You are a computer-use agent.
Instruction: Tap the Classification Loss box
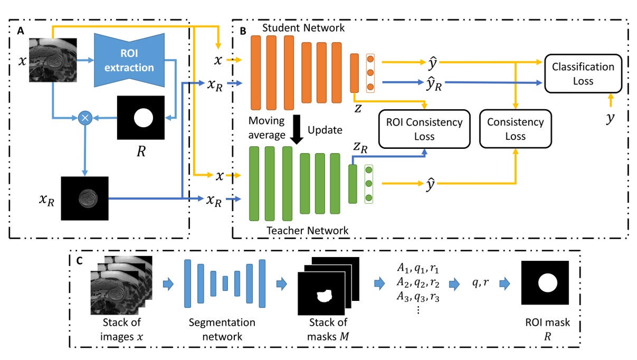pos(583,74)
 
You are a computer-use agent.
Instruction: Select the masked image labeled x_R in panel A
pos(84,198)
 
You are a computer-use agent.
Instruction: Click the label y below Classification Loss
pos(610,118)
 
